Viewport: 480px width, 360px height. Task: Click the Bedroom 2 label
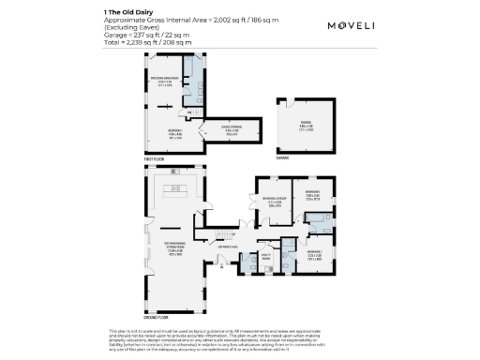(314, 253)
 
